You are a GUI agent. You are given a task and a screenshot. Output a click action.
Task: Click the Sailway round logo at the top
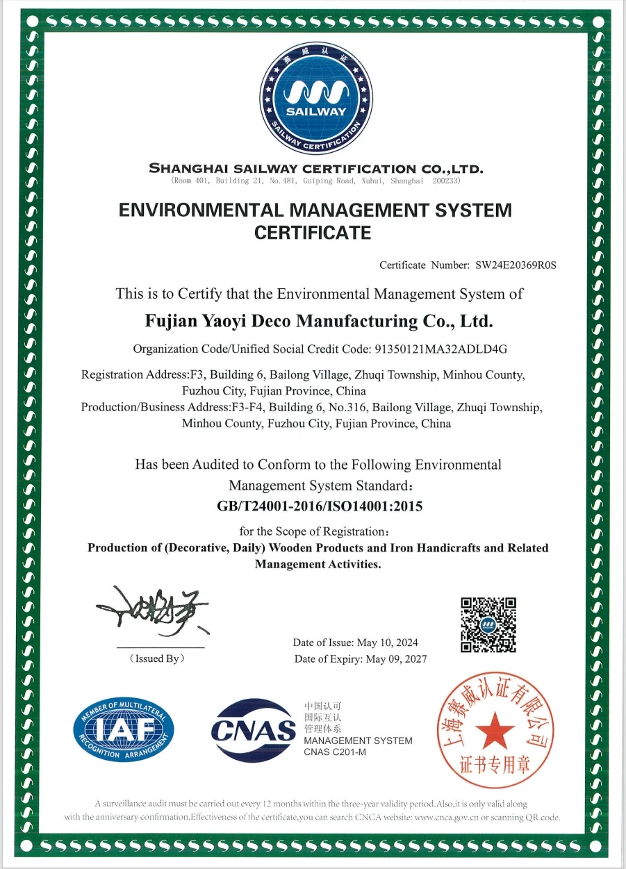(316, 99)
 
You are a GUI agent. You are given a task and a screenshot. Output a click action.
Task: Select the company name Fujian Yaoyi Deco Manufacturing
(319, 321)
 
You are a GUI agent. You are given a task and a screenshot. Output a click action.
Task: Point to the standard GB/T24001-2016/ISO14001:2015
(320, 506)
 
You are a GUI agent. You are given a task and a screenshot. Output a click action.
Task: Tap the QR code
(488, 624)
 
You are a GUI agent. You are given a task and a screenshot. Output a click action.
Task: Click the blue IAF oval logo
(124, 730)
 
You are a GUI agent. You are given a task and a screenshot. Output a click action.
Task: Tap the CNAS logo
(254, 730)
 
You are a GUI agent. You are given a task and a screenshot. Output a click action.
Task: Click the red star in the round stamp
(495, 731)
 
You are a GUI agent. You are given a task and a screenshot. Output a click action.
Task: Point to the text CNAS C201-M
(335, 753)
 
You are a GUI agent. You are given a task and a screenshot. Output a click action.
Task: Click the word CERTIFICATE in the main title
(313, 233)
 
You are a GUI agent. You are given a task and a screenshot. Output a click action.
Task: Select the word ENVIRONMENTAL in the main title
(201, 210)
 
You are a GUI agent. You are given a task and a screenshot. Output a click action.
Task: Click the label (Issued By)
(157, 659)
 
